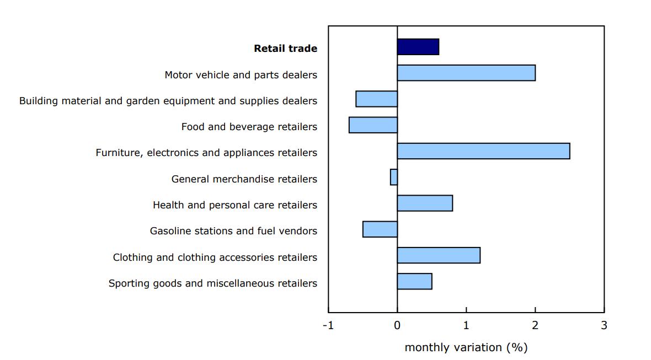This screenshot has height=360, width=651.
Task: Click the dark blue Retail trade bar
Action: tap(418, 47)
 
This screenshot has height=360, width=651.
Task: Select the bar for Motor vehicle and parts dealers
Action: tap(466, 73)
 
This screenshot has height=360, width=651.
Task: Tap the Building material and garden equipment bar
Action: tap(376, 99)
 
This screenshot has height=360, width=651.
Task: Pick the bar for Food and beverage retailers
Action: tap(373, 125)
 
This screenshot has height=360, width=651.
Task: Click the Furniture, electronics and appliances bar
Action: tap(483, 151)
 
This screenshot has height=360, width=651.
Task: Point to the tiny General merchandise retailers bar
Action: tap(394, 177)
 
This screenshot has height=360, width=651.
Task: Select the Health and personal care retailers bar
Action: tap(425, 203)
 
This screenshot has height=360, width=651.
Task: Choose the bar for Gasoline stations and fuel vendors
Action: tap(380, 229)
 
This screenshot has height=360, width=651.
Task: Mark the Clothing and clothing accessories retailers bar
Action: tap(439, 255)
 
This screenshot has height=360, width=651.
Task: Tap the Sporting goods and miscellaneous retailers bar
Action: tap(414, 281)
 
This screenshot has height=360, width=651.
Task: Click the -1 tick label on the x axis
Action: tap(328, 325)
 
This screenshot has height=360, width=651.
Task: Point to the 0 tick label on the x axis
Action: tap(397, 325)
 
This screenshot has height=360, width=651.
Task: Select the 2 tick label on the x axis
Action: tap(535, 325)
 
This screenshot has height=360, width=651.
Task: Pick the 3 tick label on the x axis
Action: tap(604, 325)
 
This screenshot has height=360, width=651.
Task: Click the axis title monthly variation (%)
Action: tap(466, 348)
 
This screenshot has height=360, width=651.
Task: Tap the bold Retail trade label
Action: tap(285, 49)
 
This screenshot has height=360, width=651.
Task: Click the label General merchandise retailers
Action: tap(244, 179)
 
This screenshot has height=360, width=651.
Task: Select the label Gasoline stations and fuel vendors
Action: tap(233, 231)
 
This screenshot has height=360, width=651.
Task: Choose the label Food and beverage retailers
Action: tap(249, 127)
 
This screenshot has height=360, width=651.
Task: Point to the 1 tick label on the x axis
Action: tap(466, 325)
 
